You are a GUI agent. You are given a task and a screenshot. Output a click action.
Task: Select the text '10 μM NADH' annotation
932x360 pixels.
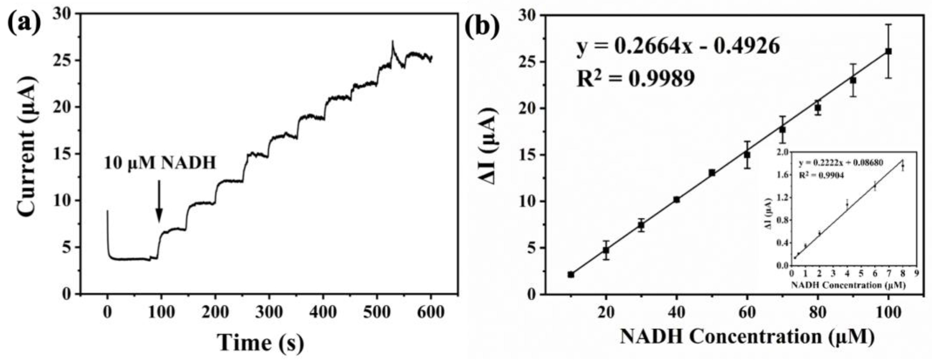point(160,163)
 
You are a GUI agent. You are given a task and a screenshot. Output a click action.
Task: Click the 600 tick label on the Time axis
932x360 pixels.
point(431,312)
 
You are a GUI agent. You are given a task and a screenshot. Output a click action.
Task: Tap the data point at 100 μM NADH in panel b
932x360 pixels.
point(888,51)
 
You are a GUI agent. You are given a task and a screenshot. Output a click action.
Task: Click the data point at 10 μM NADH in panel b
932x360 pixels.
point(571,274)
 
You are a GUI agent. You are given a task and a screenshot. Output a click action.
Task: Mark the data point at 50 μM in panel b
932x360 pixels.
point(712,173)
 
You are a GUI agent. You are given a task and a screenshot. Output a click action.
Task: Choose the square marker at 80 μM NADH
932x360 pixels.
point(818,108)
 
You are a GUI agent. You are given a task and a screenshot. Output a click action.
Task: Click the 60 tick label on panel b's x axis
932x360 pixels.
point(747,312)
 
